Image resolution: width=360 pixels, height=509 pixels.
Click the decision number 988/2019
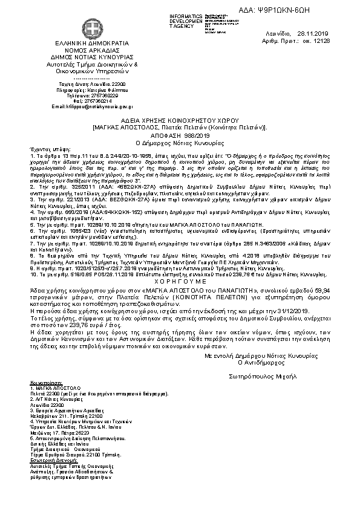tap(193, 135)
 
